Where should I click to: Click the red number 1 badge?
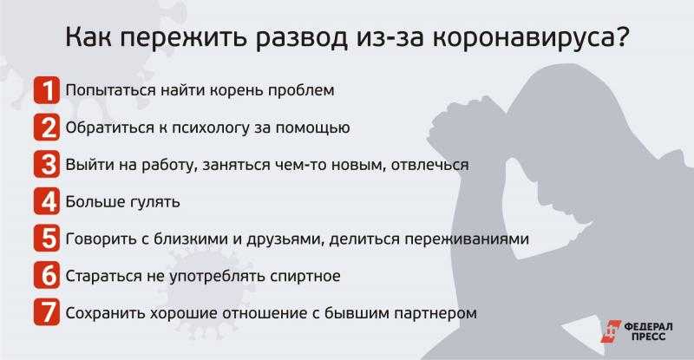(47, 90)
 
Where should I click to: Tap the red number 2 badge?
(47, 128)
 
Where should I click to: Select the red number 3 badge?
(47, 165)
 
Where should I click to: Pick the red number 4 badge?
(47, 202)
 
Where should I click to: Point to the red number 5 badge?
(47, 239)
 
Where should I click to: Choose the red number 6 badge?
(47, 276)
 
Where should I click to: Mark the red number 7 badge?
(47, 313)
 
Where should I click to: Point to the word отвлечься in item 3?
(429, 165)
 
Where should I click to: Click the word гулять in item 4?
(155, 202)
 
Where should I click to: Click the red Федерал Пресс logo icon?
(612, 331)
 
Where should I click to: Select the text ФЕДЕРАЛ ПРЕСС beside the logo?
(648, 331)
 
